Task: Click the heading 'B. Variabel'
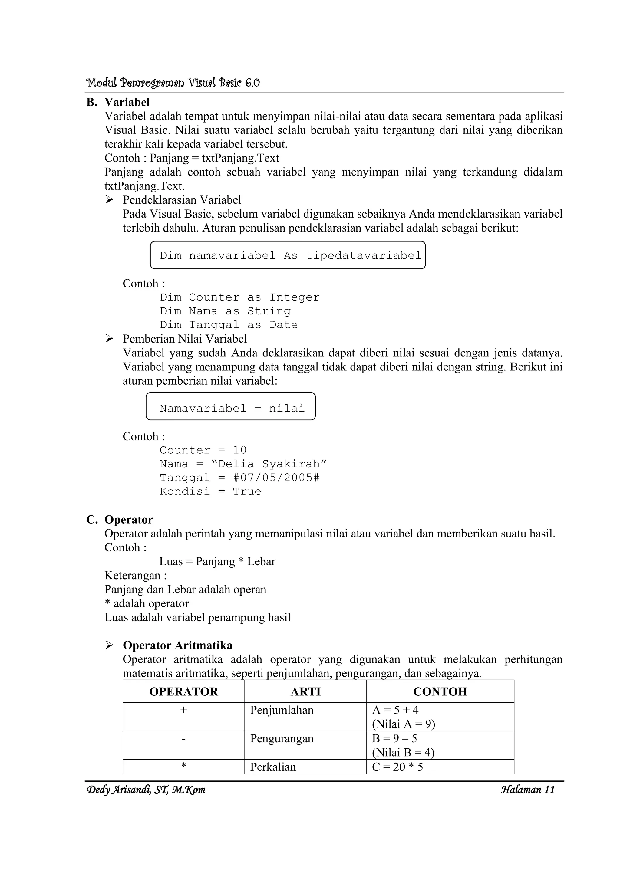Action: (x=118, y=102)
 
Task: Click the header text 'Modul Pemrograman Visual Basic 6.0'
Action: (x=173, y=83)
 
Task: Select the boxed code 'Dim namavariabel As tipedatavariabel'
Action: (x=290, y=255)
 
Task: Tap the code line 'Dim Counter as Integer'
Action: (x=239, y=297)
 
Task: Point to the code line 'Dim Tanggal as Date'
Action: (x=229, y=325)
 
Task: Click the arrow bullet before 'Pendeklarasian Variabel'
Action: (x=110, y=200)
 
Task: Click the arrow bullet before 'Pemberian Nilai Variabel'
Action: (x=110, y=339)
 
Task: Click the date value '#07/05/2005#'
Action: (x=276, y=478)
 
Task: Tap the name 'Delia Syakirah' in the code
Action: (x=269, y=464)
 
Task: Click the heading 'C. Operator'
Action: (x=120, y=520)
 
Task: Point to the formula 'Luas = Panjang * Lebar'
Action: (x=217, y=561)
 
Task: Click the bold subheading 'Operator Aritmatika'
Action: (x=177, y=645)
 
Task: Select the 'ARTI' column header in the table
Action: (x=305, y=692)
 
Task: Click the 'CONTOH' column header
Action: (x=440, y=692)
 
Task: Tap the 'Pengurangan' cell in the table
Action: (x=282, y=739)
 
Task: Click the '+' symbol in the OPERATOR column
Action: (x=184, y=710)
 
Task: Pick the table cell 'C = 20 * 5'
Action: (x=397, y=767)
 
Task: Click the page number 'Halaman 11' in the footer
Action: (x=528, y=789)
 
